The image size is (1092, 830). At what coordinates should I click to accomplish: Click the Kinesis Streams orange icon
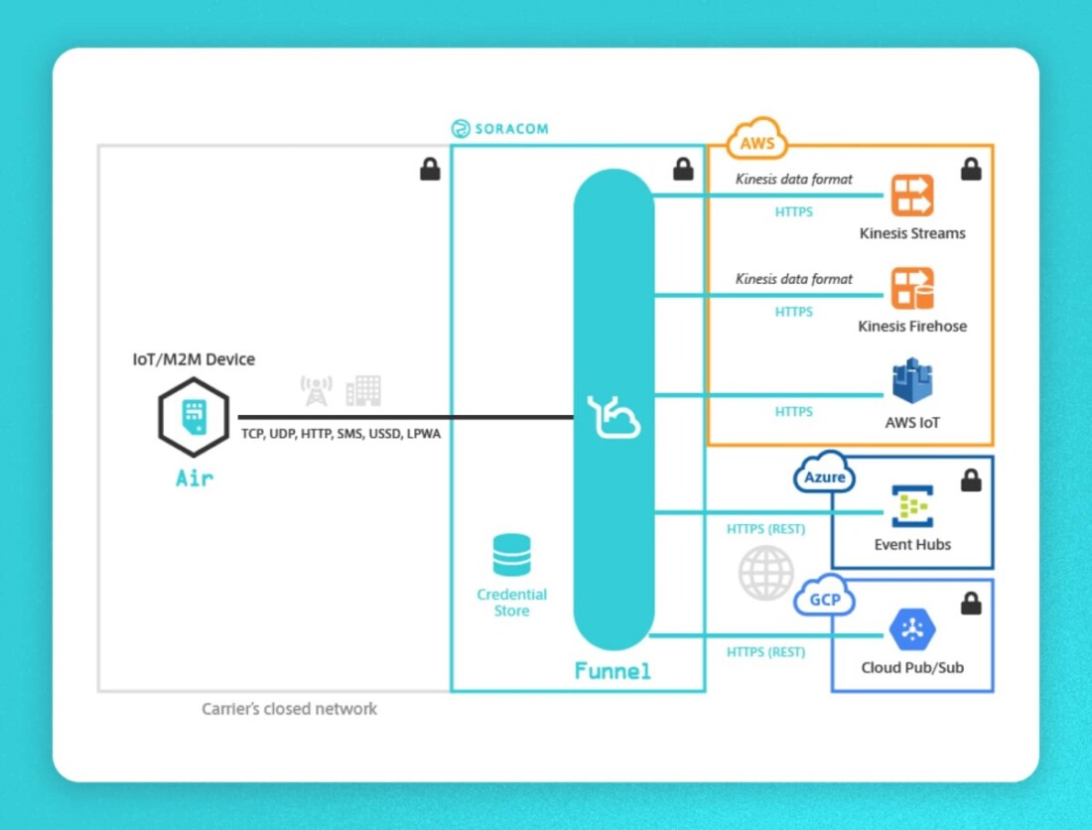(911, 196)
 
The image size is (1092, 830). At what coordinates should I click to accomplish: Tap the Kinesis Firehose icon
(911, 289)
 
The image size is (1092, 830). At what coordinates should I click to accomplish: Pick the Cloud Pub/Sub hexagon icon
(911, 628)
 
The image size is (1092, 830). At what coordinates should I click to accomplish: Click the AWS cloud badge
(757, 142)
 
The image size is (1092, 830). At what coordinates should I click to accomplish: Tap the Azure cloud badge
(824, 476)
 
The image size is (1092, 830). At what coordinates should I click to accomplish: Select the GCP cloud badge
(824, 599)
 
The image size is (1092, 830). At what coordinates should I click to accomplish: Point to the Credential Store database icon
(511, 556)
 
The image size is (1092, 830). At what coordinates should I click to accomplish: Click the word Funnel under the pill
(613, 672)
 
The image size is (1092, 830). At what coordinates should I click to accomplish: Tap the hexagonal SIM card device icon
(194, 417)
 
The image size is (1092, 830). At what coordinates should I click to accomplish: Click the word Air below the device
(194, 479)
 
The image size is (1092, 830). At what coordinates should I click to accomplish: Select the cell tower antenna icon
(316, 390)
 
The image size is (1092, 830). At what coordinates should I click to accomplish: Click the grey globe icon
(765, 573)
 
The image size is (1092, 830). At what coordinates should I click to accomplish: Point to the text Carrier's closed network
(289, 709)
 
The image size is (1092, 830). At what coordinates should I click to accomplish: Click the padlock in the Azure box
(971, 481)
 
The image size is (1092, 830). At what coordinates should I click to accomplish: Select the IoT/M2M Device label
(194, 359)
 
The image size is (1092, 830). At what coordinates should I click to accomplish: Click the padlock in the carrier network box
(430, 170)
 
